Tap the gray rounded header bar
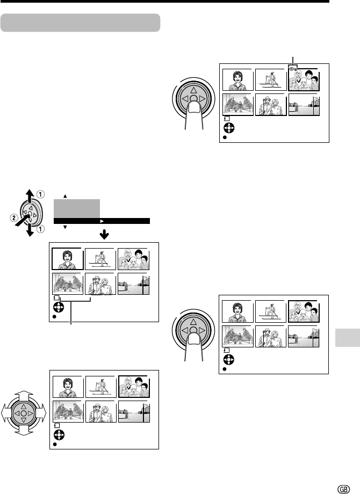tap(81, 23)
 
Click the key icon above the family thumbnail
tap(292, 69)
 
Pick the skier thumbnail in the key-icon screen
tap(271, 79)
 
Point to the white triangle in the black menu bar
tap(100, 220)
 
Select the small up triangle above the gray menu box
tap(65, 195)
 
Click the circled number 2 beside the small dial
tap(12, 218)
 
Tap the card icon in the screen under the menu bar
tap(57, 297)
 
